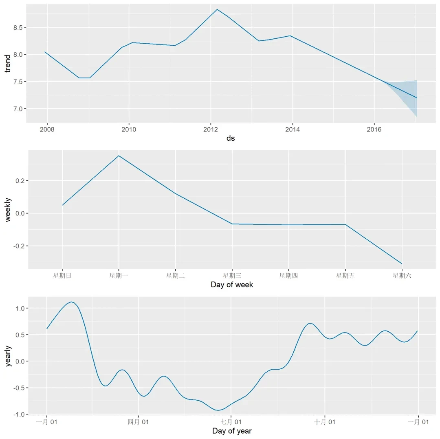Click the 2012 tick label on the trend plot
[x=211, y=130]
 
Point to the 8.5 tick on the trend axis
[x=17, y=27]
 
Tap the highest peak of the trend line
[x=217, y=9]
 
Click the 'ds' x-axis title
[x=231, y=138]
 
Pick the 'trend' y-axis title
[x=7, y=63]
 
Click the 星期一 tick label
[x=119, y=276]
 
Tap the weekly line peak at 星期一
[x=119, y=155]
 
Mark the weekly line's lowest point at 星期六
[x=402, y=264]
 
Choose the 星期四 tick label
[x=288, y=276]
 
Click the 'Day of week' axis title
[x=232, y=285]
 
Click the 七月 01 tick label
[x=231, y=422]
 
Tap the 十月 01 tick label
[x=325, y=422]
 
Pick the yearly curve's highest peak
[x=71, y=302]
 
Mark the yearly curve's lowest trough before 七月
[x=219, y=410]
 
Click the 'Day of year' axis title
[x=232, y=431]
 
